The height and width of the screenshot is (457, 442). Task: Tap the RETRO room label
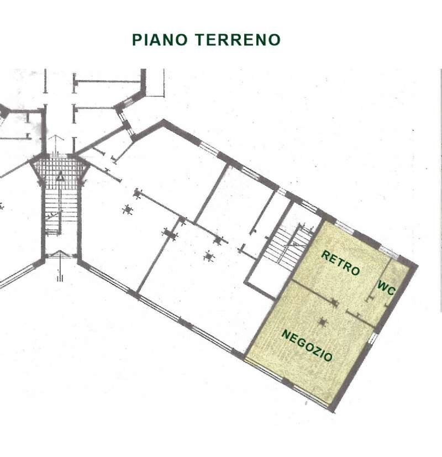(x=340, y=263)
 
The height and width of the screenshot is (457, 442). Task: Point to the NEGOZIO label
(x=307, y=345)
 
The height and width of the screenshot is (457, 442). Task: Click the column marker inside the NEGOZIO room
(x=323, y=321)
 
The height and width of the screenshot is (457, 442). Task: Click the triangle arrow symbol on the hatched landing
(x=60, y=177)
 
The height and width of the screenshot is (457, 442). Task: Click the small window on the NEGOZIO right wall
(x=374, y=337)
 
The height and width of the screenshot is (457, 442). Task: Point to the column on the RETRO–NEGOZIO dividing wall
(x=334, y=302)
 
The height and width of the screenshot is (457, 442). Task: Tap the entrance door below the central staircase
(x=60, y=255)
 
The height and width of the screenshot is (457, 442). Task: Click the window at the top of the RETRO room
(x=345, y=227)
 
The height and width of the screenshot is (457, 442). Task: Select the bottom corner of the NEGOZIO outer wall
(x=331, y=409)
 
